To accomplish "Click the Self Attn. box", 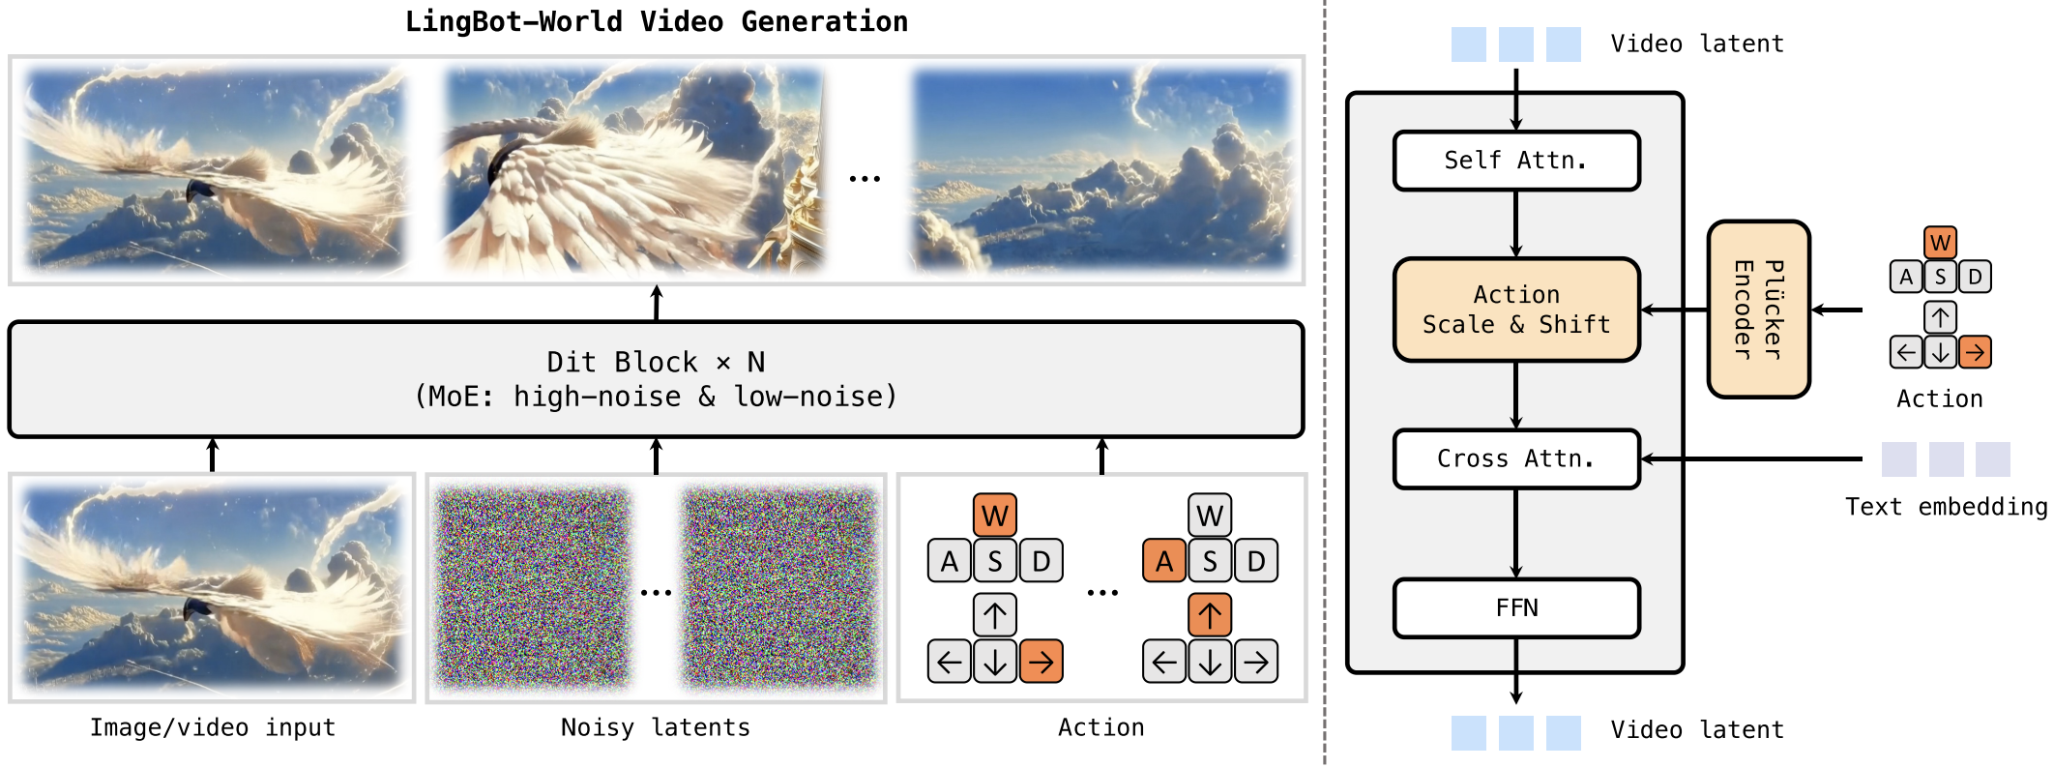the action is click(x=1516, y=161).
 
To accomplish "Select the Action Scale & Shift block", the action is click(x=1516, y=310).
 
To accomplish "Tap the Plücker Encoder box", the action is click(x=1758, y=310).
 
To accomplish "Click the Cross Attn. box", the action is click(x=1516, y=458).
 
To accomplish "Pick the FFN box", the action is click(x=1516, y=607).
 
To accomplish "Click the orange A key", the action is click(x=1164, y=561).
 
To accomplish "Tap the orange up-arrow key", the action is click(x=1210, y=614).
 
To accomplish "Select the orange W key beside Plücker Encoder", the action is click(x=1940, y=243).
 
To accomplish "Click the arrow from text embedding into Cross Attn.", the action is click(x=1752, y=458).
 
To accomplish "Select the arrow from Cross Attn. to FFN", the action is click(x=1516, y=533).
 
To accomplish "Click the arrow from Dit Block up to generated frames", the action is click(x=657, y=303).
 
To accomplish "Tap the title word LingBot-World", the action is click(x=513, y=21).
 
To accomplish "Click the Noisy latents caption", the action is click(x=656, y=727).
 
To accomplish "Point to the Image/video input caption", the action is click(x=213, y=727).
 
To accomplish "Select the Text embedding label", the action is click(x=1946, y=507).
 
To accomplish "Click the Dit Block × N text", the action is click(x=656, y=362).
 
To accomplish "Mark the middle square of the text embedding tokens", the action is click(x=1946, y=459).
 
